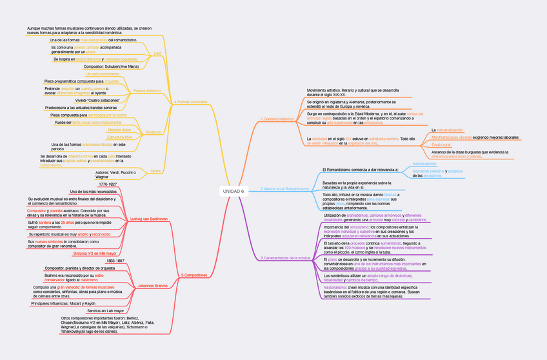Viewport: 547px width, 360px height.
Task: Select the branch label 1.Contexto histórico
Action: click(277, 119)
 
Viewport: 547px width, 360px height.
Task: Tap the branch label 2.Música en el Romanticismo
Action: click(284, 188)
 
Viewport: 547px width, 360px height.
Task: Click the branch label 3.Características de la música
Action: click(285, 258)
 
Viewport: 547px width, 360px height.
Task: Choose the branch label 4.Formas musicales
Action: click(191, 102)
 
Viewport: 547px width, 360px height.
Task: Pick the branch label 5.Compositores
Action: click(194, 275)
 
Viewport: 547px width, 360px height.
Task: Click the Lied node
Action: click(157, 53)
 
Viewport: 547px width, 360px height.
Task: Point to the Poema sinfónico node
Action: click(147, 90)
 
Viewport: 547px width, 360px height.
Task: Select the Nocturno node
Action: click(153, 132)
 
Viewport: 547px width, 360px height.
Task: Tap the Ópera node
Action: click(155, 171)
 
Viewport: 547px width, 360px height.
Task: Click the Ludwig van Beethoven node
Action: click(149, 219)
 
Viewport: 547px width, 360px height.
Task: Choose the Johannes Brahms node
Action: click(153, 285)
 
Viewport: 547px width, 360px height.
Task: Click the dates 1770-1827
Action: click(108, 184)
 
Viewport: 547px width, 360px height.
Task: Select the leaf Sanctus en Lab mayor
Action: click(106, 311)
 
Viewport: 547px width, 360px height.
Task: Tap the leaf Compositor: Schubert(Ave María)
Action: click(111, 66)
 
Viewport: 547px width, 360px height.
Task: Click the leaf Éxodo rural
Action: click(441, 145)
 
